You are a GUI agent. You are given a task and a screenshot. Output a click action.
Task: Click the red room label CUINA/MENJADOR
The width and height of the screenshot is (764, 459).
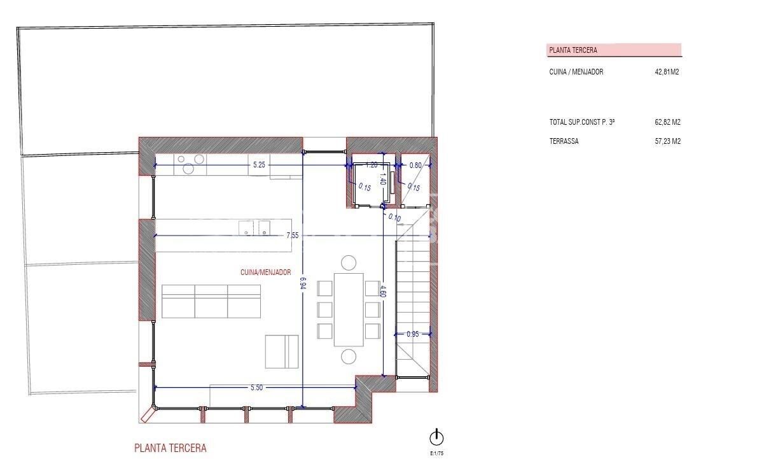(x=265, y=272)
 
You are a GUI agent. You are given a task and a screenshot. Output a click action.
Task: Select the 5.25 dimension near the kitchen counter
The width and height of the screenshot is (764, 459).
(x=259, y=165)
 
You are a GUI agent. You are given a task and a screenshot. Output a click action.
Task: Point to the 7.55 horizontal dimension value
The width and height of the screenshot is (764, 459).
(x=293, y=236)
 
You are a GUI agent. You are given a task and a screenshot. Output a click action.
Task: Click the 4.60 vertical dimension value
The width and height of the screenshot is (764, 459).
(x=382, y=292)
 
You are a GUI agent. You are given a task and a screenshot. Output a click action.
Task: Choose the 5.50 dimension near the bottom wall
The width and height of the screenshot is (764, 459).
(x=256, y=387)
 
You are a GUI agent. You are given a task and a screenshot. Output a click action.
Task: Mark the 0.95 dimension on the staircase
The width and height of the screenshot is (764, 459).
(x=412, y=334)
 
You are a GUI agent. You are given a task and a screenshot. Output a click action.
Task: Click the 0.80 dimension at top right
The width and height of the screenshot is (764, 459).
(x=415, y=166)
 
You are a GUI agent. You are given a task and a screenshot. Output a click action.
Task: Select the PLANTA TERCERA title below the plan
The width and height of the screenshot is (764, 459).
(x=170, y=448)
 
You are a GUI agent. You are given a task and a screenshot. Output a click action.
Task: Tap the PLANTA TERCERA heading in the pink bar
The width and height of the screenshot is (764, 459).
(x=573, y=50)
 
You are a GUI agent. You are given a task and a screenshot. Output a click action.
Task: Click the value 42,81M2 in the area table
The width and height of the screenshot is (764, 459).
(x=667, y=72)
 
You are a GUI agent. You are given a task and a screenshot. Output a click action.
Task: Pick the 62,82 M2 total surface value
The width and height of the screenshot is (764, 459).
(x=667, y=122)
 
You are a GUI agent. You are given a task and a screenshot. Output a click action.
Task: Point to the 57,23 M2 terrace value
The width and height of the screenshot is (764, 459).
(x=667, y=141)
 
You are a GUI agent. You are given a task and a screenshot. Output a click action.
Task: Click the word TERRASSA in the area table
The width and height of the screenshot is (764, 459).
(x=564, y=141)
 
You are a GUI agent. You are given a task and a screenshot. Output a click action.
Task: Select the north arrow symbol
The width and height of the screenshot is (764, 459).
(x=436, y=437)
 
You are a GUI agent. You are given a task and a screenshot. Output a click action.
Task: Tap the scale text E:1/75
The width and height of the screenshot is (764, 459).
(x=437, y=453)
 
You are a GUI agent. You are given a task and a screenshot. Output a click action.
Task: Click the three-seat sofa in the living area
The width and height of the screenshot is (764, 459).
(x=211, y=301)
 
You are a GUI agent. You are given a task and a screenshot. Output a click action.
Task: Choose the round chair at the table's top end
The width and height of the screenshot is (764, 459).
(x=349, y=262)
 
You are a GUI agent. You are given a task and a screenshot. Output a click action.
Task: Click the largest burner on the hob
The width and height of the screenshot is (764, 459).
(x=188, y=169)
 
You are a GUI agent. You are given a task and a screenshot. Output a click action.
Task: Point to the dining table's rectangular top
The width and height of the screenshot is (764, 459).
(x=349, y=309)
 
